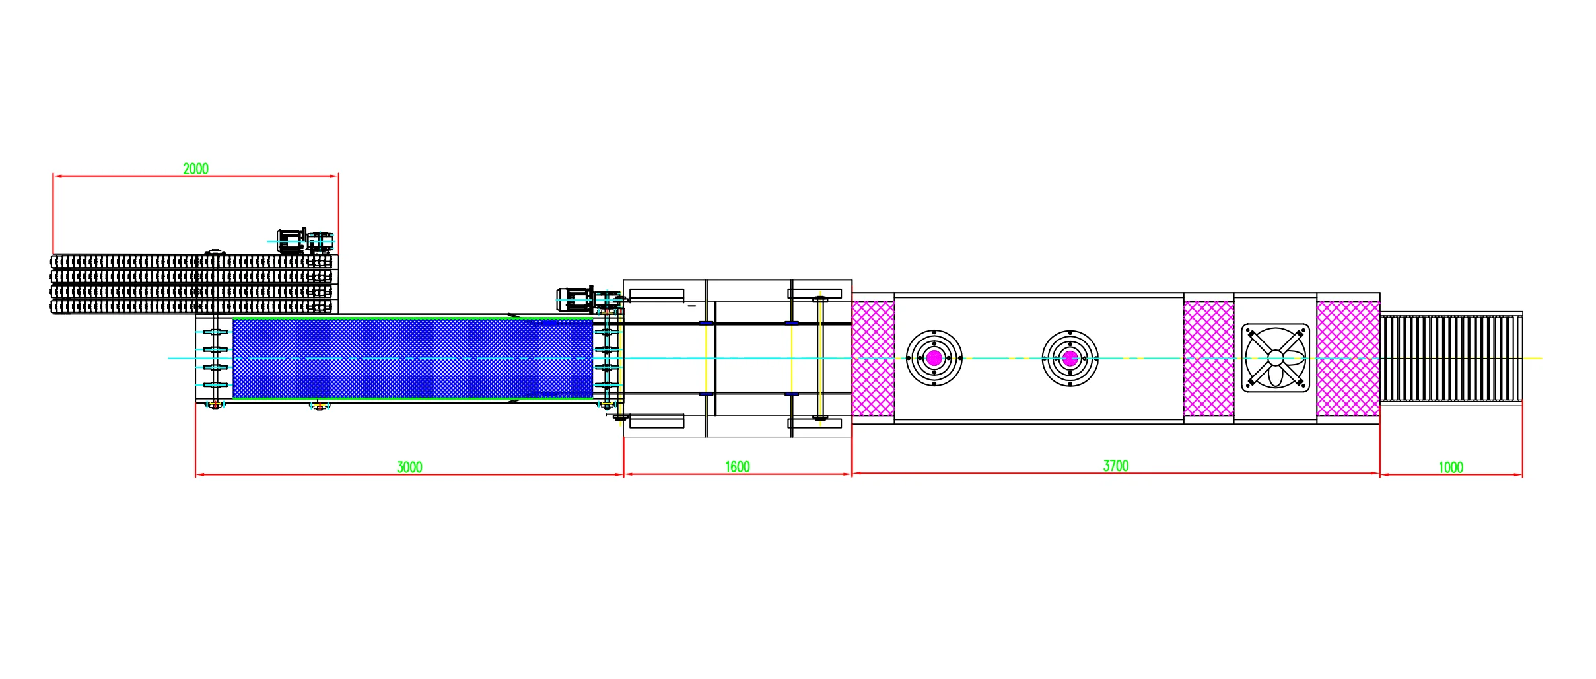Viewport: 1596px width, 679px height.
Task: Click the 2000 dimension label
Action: tap(195, 168)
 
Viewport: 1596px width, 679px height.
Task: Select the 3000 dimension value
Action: tap(409, 467)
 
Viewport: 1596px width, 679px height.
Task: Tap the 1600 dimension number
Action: tap(738, 466)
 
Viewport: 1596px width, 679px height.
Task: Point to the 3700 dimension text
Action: tap(1116, 466)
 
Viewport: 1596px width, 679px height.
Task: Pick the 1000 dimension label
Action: tap(1451, 467)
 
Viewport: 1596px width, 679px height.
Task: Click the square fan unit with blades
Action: tap(1275, 358)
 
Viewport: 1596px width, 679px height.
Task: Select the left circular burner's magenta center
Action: tap(934, 358)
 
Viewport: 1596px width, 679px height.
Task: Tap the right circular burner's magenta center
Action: tap(1070, 358)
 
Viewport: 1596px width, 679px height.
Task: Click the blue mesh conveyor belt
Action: tap(413, 359)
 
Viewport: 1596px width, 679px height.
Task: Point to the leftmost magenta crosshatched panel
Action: tap(873, 358)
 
